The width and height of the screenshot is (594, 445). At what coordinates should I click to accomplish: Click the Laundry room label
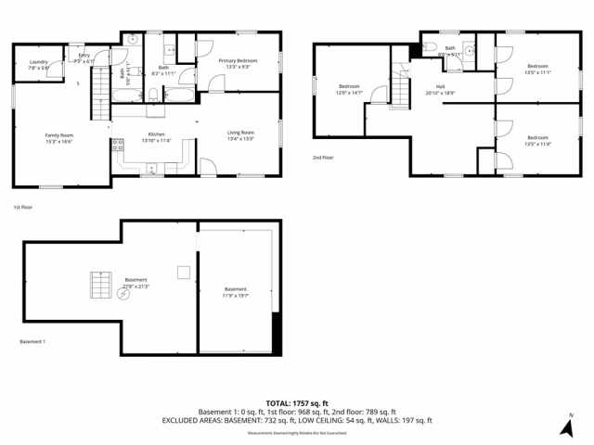38,66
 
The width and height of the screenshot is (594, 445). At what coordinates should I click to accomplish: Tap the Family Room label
59,137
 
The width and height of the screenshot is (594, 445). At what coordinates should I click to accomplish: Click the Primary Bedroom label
238,63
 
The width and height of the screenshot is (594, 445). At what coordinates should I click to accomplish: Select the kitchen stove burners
118,145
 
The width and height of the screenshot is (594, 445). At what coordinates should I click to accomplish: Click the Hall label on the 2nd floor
441,90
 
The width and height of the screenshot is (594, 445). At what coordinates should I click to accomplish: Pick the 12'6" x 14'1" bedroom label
349,90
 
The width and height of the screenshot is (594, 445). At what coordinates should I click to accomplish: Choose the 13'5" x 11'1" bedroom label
537,69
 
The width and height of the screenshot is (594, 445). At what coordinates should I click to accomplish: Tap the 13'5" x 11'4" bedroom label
537,143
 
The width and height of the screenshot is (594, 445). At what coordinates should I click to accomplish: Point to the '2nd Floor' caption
323,158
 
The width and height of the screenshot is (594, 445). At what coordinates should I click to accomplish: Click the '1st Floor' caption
23,207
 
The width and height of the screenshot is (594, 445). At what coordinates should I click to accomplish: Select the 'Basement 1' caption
32,342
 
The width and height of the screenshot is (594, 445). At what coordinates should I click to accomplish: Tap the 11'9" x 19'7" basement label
236,293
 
